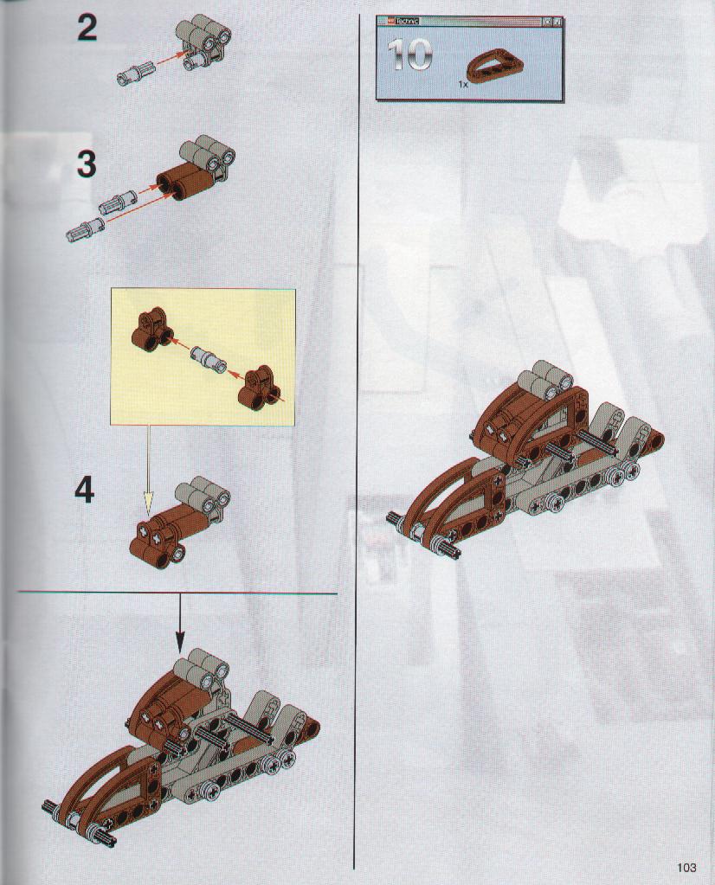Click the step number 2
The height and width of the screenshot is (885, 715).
[x=87, y=29]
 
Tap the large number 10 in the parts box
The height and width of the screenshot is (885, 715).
[x=410, y=55]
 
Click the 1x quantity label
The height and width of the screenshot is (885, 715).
[x=463, y=84]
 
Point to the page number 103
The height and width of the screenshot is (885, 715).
[x=686, y=868]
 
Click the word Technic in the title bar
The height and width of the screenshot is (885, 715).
[x=407, y=22]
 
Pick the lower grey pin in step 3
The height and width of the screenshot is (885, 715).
[x=85, y=228]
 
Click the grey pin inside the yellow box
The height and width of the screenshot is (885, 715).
[x=209, y=357]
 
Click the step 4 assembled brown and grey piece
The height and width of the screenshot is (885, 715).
[x=179, y=522]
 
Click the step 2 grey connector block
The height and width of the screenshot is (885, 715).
[x=204, y=43]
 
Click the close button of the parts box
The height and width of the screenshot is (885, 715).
[x=557, y=22]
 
